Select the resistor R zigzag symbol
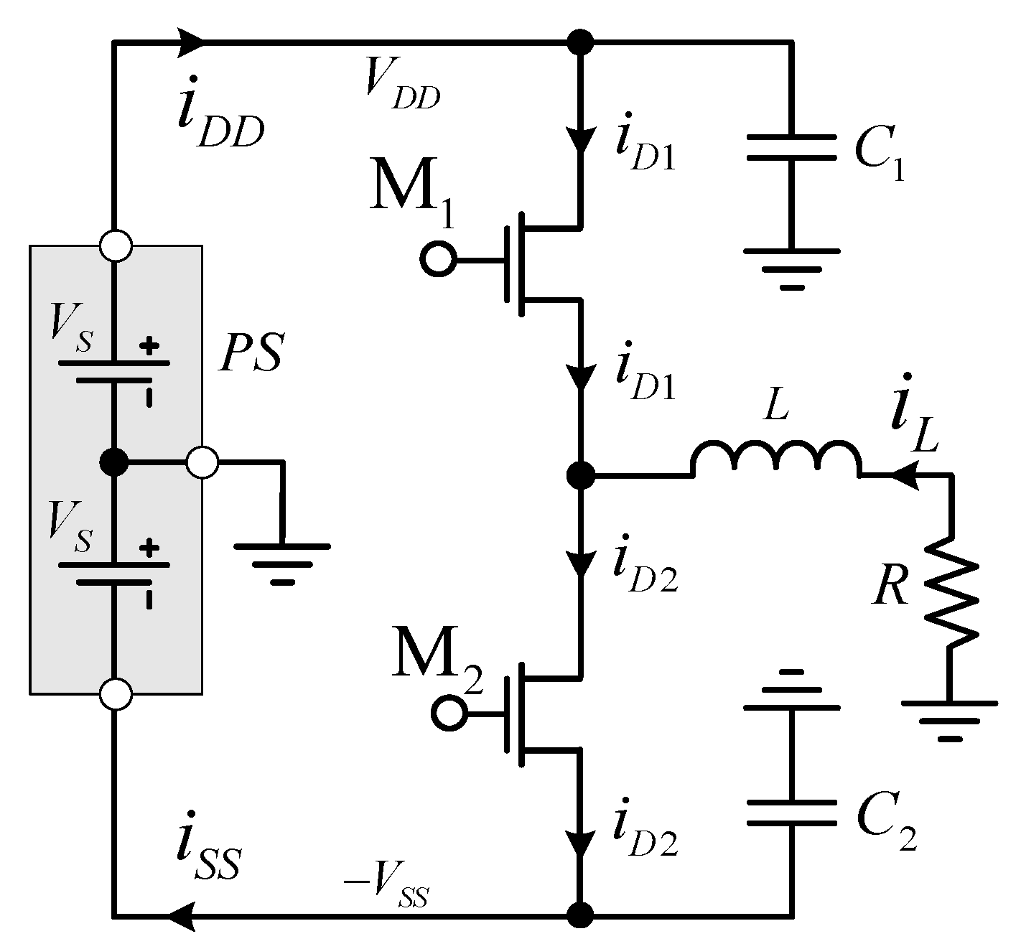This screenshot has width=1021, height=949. [x=951, y=592]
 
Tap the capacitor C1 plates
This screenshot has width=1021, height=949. [x=791, y=147]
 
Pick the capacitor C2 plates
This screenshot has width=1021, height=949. [x=791, y=811]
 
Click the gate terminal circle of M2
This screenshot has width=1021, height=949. [x=449, y=714]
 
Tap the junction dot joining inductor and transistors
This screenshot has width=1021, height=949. [x=580, y=474]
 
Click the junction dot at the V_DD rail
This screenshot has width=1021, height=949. [x=580, y=42]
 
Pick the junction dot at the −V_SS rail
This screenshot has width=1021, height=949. [x=580, y=915]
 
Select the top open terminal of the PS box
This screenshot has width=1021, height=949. [x=115, y=246]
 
